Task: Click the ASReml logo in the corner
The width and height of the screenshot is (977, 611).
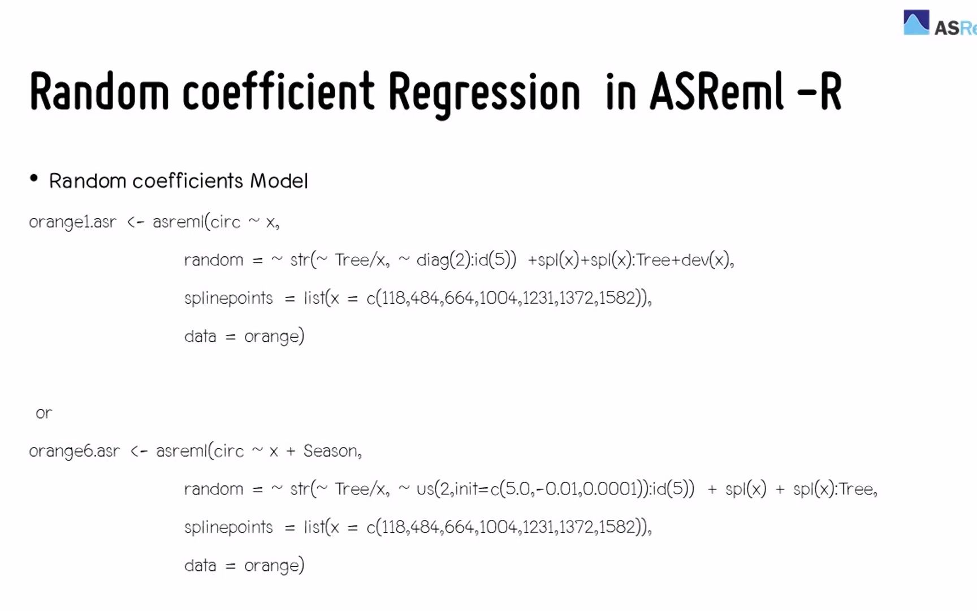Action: [939, 24]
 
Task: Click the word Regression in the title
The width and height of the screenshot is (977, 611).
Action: [484, 92]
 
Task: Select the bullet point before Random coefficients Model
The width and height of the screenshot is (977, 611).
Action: [34, 179]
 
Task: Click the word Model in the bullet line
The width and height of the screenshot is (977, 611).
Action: [279, 181]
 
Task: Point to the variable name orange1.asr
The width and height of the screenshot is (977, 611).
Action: [72, 222]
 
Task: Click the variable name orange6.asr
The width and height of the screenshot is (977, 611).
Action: [74, 451]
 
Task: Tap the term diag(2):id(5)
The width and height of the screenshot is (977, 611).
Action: [466, 260]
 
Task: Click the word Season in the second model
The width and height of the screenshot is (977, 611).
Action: [331, 451]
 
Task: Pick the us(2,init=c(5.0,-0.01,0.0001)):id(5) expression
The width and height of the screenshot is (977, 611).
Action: [555, 489]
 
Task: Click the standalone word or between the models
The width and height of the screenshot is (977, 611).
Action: [44, 413]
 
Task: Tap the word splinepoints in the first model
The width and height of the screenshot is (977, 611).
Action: [228, 298]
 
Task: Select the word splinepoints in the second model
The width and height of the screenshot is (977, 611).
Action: [228, 527]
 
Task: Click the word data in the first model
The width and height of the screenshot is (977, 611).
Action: [200, 337]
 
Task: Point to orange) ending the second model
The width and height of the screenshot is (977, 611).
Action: [274, 565]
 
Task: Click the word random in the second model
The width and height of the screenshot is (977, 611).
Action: [213, 489]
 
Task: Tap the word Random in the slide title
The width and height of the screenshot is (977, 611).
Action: [100, 91]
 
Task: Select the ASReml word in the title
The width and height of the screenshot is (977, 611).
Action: [716, 91]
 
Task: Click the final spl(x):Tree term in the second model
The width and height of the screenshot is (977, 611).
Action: [834, 489]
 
